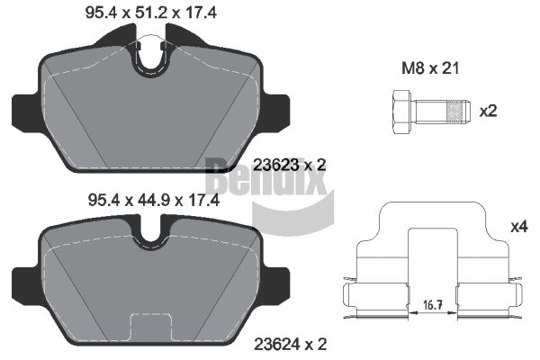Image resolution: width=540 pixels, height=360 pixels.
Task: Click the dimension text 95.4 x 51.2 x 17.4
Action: tap(151, 13)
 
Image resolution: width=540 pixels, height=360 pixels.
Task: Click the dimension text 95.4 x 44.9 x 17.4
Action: tap(154, 200)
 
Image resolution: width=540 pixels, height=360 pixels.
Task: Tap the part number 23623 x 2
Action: tap(289, 166)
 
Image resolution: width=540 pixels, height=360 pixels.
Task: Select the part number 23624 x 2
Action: tap(291, 344)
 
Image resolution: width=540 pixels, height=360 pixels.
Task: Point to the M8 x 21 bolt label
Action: tap(430, 68)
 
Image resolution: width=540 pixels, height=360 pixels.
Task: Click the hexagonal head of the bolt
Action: tap(401, 112)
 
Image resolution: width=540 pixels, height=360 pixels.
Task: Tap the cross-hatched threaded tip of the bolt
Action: tap(454, 112)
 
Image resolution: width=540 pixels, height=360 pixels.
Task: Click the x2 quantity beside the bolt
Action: tap(489, 112)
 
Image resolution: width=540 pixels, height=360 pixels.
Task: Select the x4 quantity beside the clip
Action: tap(519, 227)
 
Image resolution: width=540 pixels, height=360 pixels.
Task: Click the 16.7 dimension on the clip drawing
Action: tap(433, 305)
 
